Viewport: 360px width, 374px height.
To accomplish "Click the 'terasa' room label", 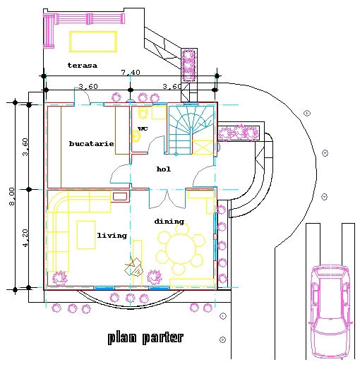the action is (83, 66).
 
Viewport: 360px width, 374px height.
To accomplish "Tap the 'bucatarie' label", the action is (91, 143).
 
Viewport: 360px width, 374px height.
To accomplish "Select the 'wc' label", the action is (143, 128).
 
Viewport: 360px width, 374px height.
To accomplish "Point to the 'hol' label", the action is (164, 169).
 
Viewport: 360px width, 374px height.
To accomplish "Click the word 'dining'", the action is (169, 222).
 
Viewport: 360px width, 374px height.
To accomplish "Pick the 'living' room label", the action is (112, 236).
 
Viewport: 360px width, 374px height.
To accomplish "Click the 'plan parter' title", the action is (145, 338).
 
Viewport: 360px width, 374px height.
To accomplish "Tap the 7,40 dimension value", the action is (131, 72).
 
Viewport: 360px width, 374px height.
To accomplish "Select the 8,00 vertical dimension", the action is (12, 196).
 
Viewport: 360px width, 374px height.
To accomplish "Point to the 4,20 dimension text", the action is (25, 238).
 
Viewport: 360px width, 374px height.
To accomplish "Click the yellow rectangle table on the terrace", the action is (93, 42).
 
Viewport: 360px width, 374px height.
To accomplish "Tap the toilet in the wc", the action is (143, 113).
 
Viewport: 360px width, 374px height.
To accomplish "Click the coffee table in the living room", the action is (86, 235).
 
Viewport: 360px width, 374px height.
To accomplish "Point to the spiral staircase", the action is (191, 130).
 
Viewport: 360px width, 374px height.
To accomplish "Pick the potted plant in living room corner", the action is (59, 278).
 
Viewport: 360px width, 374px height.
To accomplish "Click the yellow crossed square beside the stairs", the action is (203, 147).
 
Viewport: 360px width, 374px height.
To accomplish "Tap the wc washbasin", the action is (136, 137).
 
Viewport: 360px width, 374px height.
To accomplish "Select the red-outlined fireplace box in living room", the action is (120, 196).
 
